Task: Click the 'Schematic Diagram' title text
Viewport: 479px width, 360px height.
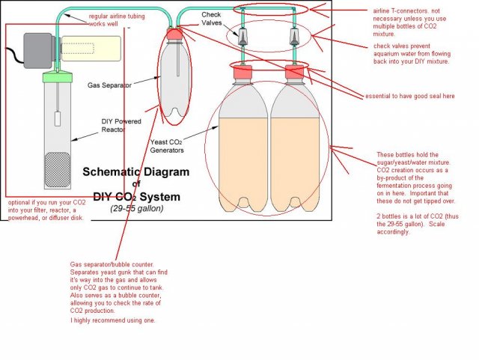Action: (x=135, y=171)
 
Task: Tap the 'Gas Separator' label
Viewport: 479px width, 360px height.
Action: (x=109, y=86)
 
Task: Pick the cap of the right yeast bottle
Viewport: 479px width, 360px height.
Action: (x=295, y=72)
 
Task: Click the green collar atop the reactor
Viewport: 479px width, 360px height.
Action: (x=58, y=76)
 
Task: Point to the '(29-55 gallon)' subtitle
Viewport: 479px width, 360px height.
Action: (x=135, y=208)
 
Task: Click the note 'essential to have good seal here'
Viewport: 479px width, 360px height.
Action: (x=409, y=96)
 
